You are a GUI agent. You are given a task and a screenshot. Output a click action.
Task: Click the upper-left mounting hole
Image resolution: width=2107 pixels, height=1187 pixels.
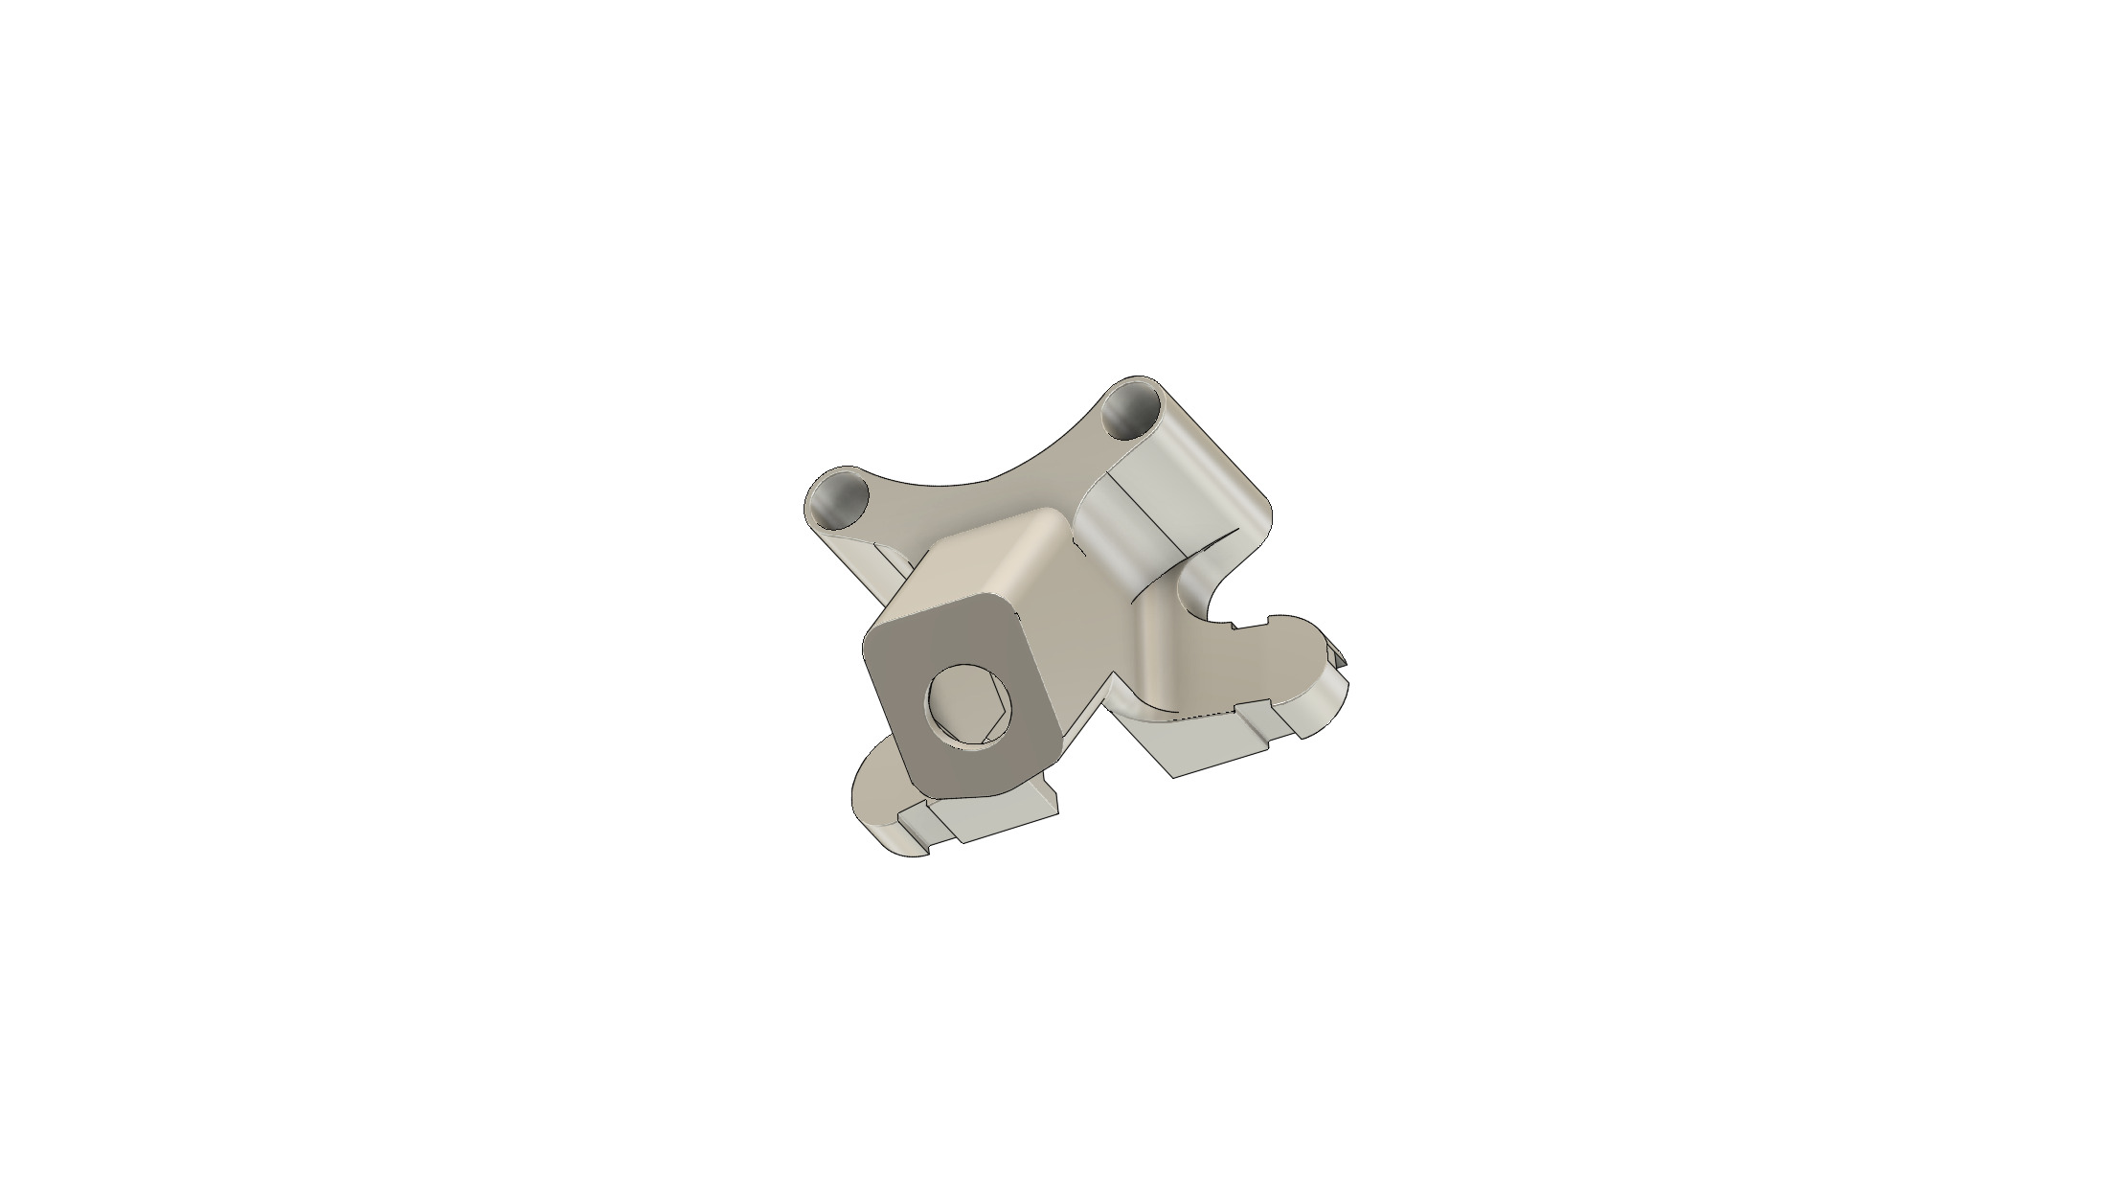[x=838, y=499]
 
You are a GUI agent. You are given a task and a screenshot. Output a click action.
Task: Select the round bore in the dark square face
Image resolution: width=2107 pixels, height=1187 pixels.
[x=299, y=714]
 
